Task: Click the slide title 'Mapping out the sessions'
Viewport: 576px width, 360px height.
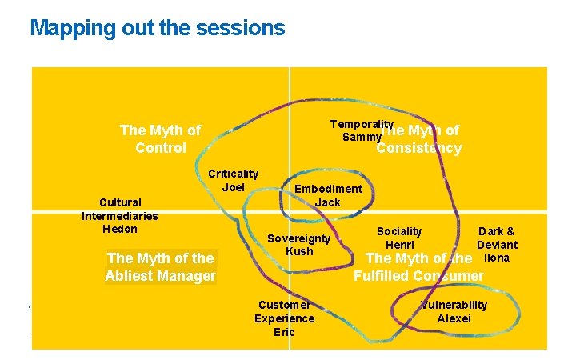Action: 157,28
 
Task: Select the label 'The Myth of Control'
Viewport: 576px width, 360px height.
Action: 160,138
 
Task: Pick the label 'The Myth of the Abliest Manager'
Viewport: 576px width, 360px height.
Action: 160,267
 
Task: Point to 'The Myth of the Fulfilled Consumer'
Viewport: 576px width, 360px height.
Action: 418,267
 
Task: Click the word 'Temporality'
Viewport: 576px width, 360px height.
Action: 362,125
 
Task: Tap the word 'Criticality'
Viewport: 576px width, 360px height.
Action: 233,174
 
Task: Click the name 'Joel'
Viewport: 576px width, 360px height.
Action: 233,187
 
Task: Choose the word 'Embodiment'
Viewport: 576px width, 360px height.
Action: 328,189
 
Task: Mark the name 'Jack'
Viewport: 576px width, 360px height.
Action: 327,202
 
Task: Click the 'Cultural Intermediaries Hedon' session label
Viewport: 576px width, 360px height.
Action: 120,215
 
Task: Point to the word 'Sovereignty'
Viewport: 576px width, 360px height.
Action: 298,238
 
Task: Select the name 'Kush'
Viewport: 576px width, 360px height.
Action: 298,251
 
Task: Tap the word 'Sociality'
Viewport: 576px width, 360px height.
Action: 399,231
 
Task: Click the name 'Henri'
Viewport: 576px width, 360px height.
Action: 399,245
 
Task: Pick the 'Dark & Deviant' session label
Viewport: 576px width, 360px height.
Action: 497,238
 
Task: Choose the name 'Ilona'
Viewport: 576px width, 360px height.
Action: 497,258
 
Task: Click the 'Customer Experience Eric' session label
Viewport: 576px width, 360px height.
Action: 284,318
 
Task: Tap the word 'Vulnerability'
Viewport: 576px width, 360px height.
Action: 454,305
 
